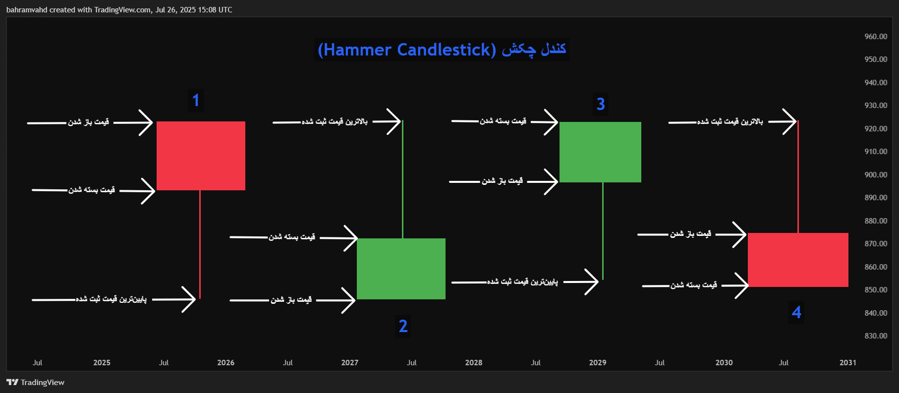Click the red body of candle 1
[x=201, y=156]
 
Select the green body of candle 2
[x=401, y=269]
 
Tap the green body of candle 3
[x=600, y=152]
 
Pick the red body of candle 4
[x=798, y=260]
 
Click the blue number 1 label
[x=196, y=101]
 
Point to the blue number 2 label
[x=403, y=326]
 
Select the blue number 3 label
[x=601, y=104]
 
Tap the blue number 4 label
[x=796, y=312]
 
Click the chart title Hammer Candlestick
[x=442, y=50]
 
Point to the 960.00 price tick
[x=876, y=37]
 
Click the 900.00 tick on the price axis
[x=876, y=175]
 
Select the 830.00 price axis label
[x=876, y=336]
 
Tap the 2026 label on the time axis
[x=225, y=363]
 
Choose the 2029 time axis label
[x=597, y=363]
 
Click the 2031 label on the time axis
[x=847, y=363]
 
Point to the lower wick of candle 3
[x=603, y=231]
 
